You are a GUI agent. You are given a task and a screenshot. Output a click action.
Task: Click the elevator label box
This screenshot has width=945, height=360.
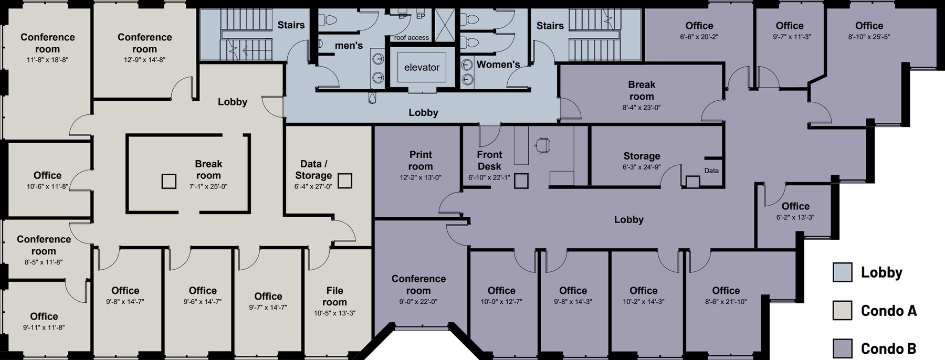click(422, 67)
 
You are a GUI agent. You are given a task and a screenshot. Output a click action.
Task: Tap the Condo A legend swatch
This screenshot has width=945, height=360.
click(842, 311)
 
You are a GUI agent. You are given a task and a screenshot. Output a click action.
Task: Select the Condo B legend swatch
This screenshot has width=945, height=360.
click(842, 348)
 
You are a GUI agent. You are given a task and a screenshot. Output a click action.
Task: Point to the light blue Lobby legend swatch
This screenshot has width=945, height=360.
click(842, 272)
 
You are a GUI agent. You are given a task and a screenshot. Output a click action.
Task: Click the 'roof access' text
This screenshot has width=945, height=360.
click(411, 37)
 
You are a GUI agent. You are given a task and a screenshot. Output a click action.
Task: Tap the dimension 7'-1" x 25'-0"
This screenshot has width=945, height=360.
click(208, 186)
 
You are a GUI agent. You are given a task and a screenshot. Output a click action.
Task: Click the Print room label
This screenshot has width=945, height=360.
click(421, 160)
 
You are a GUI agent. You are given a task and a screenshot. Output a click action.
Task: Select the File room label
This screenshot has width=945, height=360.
click(334, 296)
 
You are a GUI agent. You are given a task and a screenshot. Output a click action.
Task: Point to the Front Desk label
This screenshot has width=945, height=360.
click(489, 160)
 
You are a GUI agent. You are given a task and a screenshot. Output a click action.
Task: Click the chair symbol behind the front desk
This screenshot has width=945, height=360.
click(542, 144)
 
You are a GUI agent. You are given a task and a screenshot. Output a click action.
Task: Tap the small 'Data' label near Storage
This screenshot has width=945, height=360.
click(711, 171)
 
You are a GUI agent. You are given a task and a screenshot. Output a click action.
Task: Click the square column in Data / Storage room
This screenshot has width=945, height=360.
click(344, 181)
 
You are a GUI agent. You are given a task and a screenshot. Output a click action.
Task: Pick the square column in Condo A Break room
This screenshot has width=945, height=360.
click(169, 181)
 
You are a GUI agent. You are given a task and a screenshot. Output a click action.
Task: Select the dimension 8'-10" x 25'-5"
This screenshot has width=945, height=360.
click(869, 37)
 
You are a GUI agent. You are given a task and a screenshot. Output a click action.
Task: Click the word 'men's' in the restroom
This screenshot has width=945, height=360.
click(349, 46)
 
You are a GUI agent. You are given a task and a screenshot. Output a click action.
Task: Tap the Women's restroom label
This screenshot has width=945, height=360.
click(498, 65)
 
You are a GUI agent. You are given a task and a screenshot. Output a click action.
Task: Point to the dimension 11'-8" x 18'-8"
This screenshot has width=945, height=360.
click(47, 60)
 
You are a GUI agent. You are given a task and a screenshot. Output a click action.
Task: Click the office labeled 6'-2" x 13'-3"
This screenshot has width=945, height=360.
click(795, 211)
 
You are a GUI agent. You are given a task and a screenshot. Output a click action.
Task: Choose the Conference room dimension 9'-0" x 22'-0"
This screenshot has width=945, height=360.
click(418, 302)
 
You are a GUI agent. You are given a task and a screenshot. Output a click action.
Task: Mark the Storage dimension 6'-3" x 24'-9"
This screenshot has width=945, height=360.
click(642, 167)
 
